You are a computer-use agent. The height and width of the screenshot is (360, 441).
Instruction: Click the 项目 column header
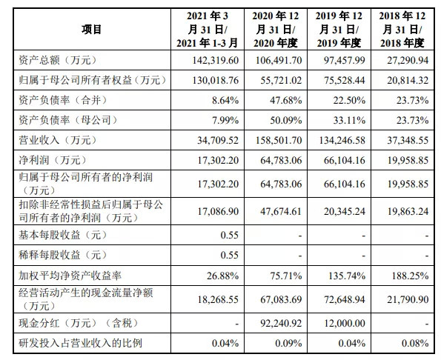point(92,29)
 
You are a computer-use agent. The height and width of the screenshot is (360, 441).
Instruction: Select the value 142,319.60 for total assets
point(216,60)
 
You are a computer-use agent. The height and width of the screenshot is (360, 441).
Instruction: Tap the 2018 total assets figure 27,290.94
point(408,60)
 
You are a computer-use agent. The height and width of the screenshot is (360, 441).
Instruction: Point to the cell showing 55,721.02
point(281,81)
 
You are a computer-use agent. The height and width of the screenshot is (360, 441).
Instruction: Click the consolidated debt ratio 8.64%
point(225,100)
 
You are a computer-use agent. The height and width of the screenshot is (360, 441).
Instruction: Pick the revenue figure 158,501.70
point(279,140)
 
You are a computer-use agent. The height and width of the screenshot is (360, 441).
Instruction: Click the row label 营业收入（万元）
point(57,140)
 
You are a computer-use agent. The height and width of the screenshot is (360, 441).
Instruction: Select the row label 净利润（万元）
point(53,160)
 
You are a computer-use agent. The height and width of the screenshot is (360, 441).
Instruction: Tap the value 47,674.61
point(281,211)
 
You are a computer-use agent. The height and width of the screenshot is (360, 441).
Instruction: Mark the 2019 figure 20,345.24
point(345,211)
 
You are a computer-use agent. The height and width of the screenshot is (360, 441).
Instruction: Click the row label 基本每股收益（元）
point(63,235)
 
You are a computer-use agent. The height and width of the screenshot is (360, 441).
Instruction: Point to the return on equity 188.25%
point(411,276)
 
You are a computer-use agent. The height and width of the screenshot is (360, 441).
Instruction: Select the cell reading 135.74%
point(347,276)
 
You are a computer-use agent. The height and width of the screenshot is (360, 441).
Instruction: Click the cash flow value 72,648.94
point(345,299)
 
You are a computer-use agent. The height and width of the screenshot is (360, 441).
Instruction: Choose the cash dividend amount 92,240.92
point(281,323)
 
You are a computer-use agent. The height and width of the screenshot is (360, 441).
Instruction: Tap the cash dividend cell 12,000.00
point(345,323)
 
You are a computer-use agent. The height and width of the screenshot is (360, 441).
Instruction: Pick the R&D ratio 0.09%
point(288,343)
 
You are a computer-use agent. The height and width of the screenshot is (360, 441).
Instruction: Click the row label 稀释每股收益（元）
point(63,255)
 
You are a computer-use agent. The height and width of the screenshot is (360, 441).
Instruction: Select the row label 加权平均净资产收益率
point(70,276)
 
